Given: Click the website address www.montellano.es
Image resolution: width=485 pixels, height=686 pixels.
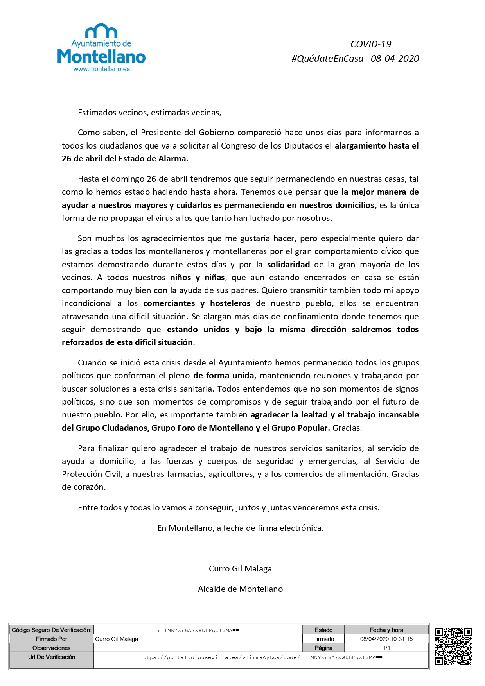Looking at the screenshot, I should [x=102, y=69].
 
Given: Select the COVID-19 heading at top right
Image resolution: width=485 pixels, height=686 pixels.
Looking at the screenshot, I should [x=370, y=44].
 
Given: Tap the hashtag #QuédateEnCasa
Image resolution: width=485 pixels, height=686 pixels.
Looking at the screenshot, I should [x=327, y=59].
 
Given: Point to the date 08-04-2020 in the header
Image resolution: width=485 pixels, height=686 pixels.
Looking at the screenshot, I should [x=395, y=59].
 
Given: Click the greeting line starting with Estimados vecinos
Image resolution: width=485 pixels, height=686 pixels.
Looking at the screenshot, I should [x=149, y=113].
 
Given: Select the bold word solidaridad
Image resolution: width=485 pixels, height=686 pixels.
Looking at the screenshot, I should [x=288, y=265].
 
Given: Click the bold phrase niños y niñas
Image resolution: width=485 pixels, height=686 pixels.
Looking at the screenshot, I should [x=198, y=278].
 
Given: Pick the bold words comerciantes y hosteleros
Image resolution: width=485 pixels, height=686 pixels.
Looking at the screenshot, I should [x=197, y=303].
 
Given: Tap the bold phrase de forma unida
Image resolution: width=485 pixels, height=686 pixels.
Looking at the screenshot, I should [x=224, y=376].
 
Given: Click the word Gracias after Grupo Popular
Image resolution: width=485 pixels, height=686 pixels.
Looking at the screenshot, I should [x=347, y=428].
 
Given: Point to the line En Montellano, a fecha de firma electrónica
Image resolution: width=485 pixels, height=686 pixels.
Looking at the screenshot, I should [x=240, y=528].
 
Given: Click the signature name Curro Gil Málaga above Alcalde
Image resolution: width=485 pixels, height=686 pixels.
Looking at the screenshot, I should [x=240, y=569].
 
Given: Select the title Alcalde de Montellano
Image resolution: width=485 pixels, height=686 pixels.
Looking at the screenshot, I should [x=240, y=589].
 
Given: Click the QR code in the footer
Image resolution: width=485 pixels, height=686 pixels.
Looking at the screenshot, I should [x=453, y=646].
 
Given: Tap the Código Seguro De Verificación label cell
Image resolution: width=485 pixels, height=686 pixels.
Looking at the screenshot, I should [x=52, y=630].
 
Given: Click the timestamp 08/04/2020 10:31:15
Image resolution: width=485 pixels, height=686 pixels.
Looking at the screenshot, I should [x=386, y=639].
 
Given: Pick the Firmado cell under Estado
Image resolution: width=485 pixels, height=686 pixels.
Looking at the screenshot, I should [x=323, y=639].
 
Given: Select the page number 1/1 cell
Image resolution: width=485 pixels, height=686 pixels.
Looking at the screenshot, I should [x=386, y=648].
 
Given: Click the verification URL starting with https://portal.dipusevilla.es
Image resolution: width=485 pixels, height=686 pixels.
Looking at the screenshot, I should [x=260, y=657].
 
